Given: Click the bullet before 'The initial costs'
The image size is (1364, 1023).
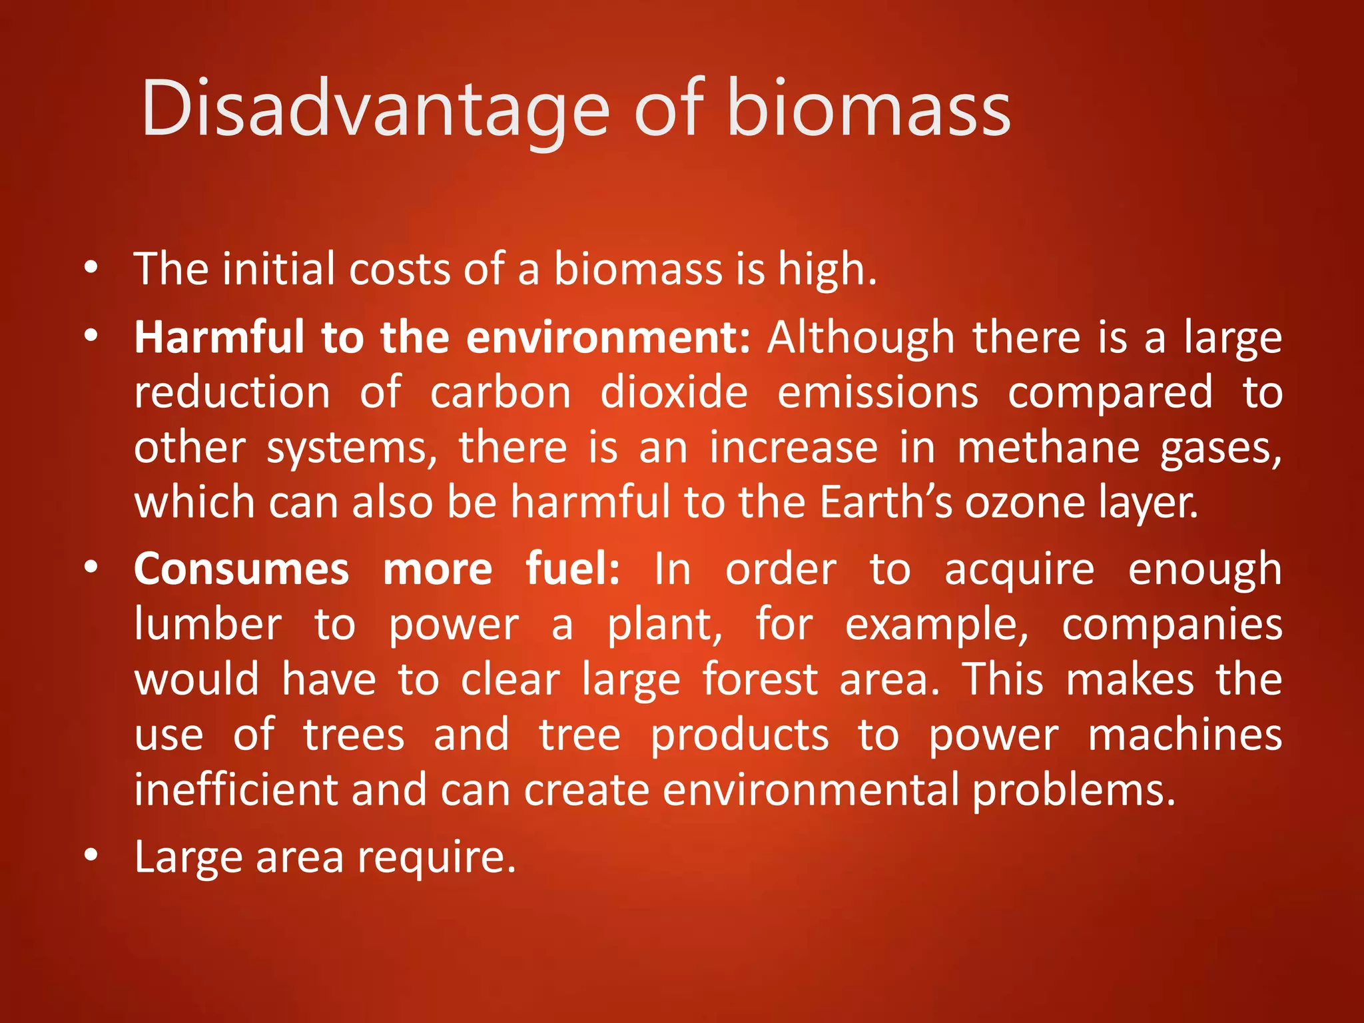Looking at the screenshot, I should click(91, 268).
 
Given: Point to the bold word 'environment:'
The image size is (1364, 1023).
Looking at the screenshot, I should click(608, 338).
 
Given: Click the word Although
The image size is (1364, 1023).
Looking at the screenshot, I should click(860, 338).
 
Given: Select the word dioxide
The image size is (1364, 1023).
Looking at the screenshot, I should click(673, 392).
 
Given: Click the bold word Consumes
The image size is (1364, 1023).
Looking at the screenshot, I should click(241, 569).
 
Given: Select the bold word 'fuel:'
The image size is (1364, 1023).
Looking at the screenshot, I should click(572, 569).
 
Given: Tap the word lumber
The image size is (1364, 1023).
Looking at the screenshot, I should click(208, 625).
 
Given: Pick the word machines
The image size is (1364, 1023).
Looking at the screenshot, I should click(1185, 735).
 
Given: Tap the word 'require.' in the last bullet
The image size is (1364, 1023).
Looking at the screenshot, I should click(436, 858).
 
